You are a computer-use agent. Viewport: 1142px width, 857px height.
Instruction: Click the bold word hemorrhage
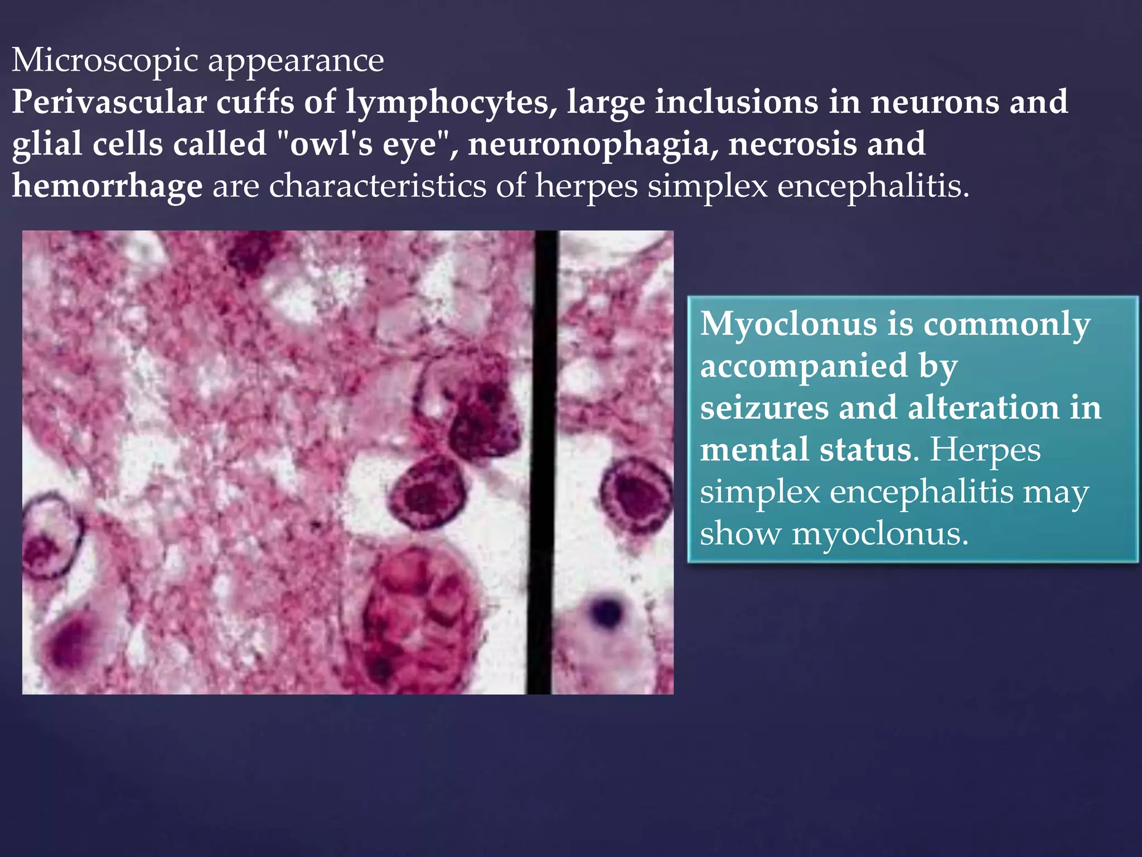[107, 186]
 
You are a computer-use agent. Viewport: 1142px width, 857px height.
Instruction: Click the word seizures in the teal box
[764, 408]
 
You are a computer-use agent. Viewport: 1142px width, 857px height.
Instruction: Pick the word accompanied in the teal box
[804, 367]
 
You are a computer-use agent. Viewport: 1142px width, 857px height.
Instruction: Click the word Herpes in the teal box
[985, 450]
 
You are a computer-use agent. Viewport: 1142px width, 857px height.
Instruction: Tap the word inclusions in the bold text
[736, 102]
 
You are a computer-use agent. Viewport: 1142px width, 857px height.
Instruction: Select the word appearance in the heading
[296, 60]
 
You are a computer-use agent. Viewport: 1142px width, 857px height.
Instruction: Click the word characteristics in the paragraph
[378, 186]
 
